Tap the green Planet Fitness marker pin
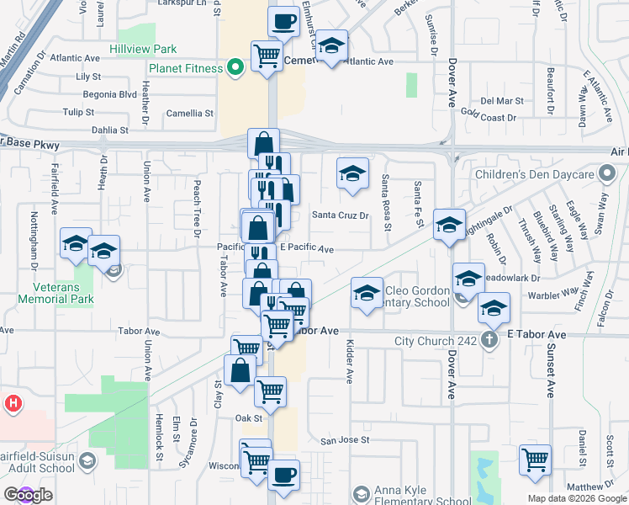tap(236, 66)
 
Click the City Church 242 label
tap(435, 342)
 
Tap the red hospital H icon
tap(13, 403)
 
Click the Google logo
tap(28, 495)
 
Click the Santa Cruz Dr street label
tap(341, 215)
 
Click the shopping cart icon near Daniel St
tap(536, 461)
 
